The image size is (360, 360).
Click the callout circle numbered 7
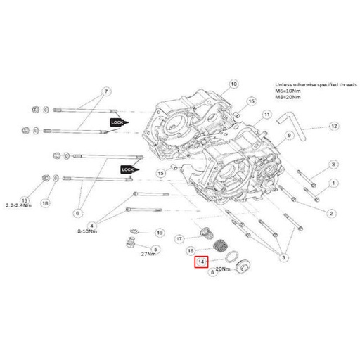(106, 91)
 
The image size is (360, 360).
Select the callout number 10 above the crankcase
(235, 84)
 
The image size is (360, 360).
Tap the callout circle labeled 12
(333, 126)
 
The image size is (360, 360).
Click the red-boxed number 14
(202, 262)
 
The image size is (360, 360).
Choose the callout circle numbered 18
(46, 202)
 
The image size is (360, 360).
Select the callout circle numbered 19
(159, 232)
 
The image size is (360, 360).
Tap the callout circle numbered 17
(179, 238)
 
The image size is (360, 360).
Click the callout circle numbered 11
(266, 115)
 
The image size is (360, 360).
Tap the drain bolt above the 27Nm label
(129, 244)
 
